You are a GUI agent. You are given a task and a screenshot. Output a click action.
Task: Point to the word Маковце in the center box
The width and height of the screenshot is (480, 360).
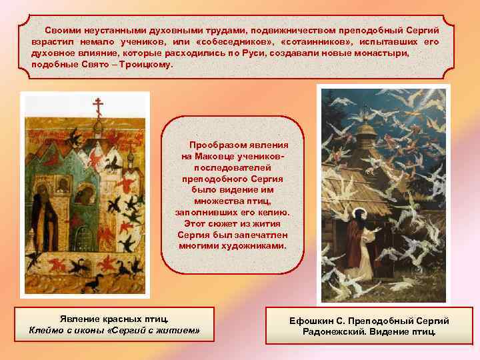point(214,156)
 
